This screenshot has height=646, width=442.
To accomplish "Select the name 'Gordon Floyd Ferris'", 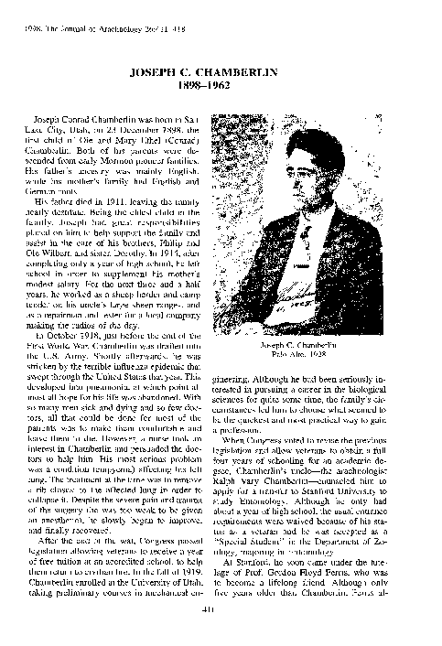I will click(304, 577).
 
